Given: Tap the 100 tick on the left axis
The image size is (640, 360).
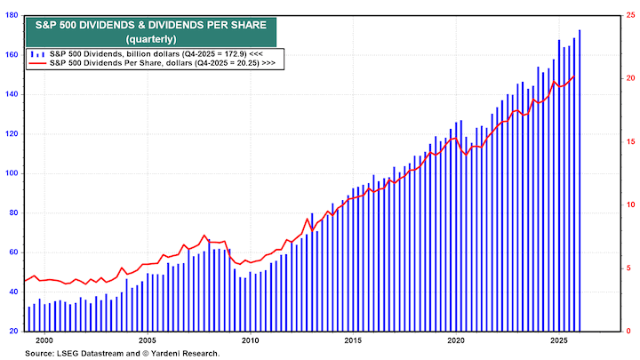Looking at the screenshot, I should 12,173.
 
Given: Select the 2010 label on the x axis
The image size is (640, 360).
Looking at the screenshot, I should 250,340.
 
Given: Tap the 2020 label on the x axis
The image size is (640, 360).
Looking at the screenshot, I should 455,340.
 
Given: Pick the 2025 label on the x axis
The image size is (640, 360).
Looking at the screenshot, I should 558,340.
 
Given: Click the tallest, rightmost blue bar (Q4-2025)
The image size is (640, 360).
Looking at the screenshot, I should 580,178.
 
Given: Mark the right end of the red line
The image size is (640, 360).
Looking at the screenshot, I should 574,76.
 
